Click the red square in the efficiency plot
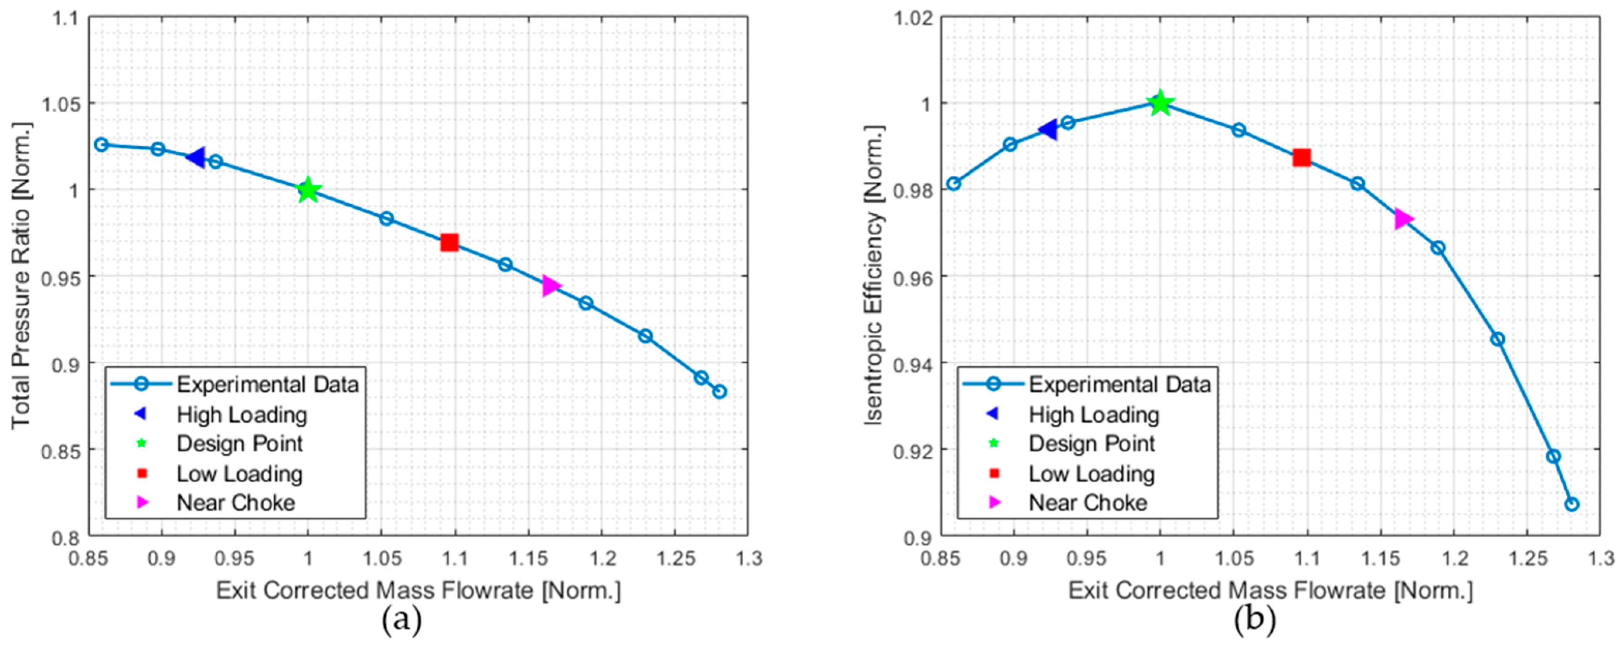point(1301,158)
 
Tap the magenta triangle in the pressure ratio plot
point(551,286)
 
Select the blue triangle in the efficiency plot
point(1048,130)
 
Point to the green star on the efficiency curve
point(1160,103)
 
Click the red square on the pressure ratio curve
point(449,242)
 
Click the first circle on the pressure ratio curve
point(101,145)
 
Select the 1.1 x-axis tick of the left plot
point(454,558)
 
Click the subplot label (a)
point(402,621)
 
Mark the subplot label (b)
point(1254,621)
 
